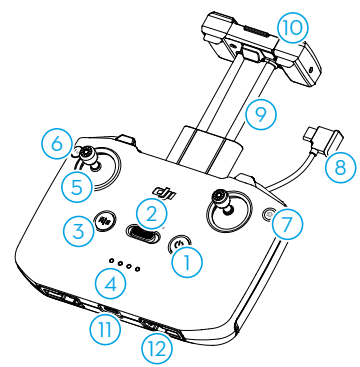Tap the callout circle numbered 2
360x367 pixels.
pyautogui.click(x=150, y=213)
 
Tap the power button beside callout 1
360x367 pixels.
pyautogui.click(x=178, y=242)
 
